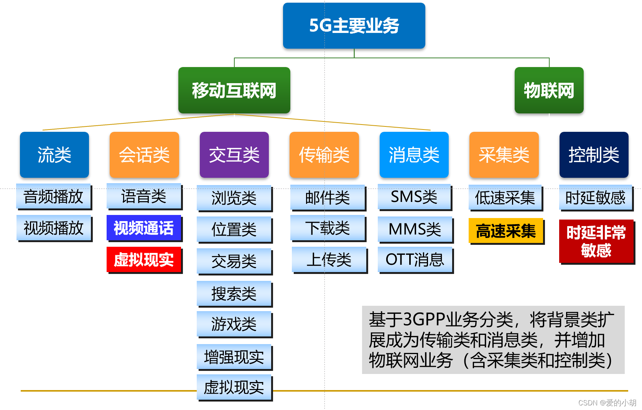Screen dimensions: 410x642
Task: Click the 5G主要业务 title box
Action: click(354, 26)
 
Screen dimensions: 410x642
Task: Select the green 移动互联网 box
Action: click(234, 90)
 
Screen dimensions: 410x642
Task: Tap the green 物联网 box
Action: click(549, 90)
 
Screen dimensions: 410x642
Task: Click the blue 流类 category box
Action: click(54, 155)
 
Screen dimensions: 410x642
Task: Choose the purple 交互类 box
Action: click(234, 155)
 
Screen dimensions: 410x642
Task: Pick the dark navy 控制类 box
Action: click(594, 155)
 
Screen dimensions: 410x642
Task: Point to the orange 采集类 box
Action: click(504, 155)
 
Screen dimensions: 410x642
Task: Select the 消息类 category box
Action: click(414, 155)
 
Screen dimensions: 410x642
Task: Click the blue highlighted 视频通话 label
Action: click(144, 228)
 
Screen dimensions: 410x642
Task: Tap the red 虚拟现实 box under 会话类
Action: click(144, 260)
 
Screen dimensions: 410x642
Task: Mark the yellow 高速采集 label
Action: click(506, 231)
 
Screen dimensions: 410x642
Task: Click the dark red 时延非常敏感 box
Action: click(596, 241)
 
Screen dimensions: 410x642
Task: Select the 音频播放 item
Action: click(54, 197)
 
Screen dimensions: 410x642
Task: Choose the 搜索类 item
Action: click(234, 294)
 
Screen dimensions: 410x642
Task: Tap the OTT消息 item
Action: click(415, 260)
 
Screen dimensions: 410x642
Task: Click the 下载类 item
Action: click(328, 228)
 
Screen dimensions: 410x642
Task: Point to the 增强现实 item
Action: click(234, 357)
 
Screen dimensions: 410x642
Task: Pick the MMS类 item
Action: click(415, 229)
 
